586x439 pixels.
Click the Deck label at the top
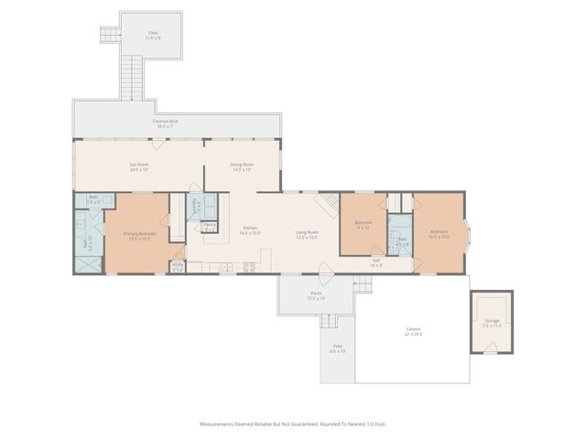(153, 35)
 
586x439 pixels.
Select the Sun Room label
(138, 166)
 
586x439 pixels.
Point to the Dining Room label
(242, 166)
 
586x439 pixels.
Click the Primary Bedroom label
(138, 235)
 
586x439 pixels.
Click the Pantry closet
(210, 227)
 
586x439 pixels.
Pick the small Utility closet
(178, 267)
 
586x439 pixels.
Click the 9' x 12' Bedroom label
(363, 225)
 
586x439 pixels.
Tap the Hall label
(376, 262)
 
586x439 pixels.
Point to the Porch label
(315, 296)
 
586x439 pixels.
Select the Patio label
(337, 349)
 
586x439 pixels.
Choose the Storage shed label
(492, 322)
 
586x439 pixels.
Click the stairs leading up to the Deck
(133, 78)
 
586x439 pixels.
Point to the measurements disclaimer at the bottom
(292, 423)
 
